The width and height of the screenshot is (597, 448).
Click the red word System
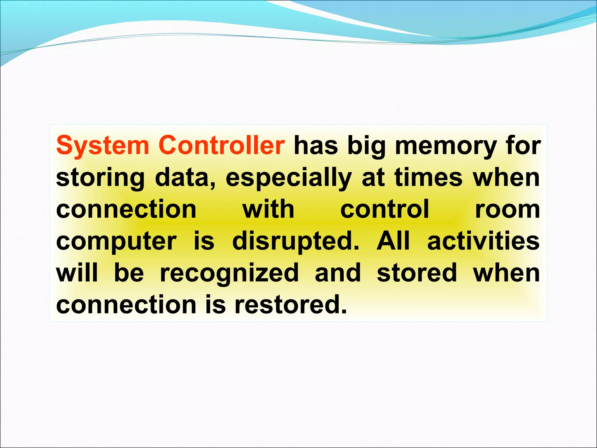point(102,146)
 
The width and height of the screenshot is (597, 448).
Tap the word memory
point(446,146)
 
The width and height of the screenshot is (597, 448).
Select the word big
point(366,146)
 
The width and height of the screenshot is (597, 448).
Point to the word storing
point(100,178)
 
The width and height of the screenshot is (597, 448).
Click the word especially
point(289,178)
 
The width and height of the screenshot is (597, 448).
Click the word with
point(268,209)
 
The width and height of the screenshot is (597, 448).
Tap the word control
point(385,209)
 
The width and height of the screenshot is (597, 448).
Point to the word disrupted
point(296,242)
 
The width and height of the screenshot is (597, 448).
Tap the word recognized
point(229,273)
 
